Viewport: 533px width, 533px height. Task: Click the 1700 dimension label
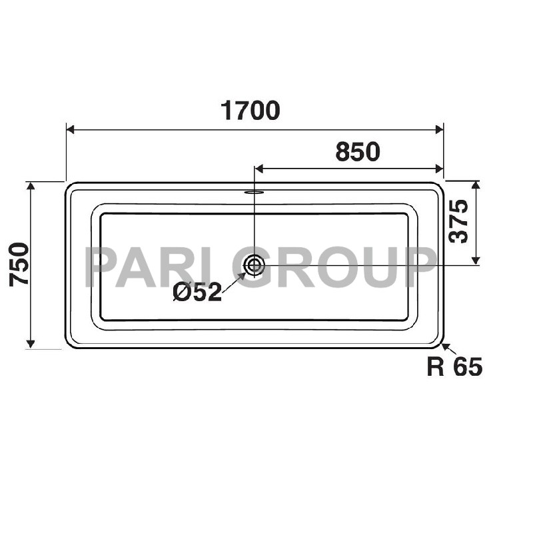pyautogui.click(x=250, y=111)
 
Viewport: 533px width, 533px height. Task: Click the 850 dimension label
pyautogui.click(x=357, y=153)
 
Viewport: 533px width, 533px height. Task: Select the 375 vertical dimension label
pyautogui.click(x=459, y=221)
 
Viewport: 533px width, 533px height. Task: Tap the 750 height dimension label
pyautogui.click(x=20, y=264)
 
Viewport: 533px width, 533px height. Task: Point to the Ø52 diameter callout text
pyautogui.click(x=197, y=292)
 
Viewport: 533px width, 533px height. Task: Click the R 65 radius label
pyautogui.click(x=454, y=366)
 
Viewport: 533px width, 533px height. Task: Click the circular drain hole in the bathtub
pyautogui.click(x=254, y=265)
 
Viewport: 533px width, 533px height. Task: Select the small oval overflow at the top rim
pyautogui.click(x=254, y=193)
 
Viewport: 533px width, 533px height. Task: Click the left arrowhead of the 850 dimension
pyautogui.click(x=260, y=169)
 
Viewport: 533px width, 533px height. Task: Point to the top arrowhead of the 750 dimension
pyautogui.click(x=31, y=186)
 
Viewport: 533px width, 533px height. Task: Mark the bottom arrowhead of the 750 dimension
pyautogui.click(x=31, y=343)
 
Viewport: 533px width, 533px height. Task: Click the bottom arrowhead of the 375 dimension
pyautogui.click(x=476, y=261)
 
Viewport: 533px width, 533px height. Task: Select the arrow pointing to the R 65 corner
pyautogui.click(x=445, y=347)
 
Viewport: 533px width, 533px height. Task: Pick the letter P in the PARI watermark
pyautogui.click(x=101, y=267)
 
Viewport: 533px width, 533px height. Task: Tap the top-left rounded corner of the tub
pyautogui.click(x=71, y=187)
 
